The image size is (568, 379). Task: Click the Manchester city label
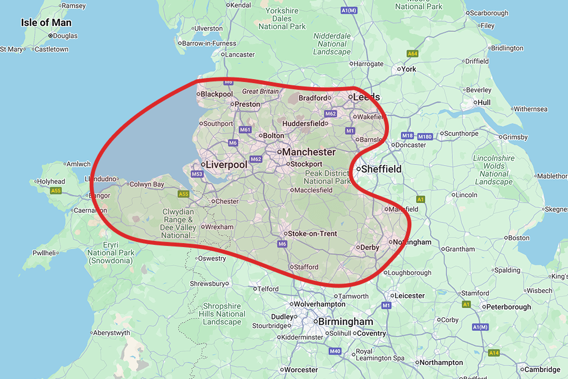click(309, 152)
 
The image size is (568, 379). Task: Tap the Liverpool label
click(226, 165)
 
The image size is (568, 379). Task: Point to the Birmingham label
click(345, 322)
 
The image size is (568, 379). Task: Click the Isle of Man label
click(46, 22)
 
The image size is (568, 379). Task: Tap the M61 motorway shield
click(245, 130)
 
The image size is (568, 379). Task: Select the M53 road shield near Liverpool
click(196, 174)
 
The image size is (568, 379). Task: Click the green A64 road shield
click(413, 54)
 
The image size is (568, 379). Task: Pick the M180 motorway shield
click(425, 136)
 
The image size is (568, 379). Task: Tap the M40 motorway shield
click(335, 351)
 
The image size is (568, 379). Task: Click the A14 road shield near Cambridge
click(493, 353)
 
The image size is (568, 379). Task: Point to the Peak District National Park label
click(327, 177)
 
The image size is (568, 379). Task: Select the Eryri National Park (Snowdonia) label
click(110, 253)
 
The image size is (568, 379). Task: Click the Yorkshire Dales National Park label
click(282, 19)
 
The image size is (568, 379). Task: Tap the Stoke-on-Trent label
click(312, 234)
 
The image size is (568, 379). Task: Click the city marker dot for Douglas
click(50, 36)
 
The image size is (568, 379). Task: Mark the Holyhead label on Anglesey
click(51, 181)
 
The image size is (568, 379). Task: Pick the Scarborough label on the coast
click(489, 13)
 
